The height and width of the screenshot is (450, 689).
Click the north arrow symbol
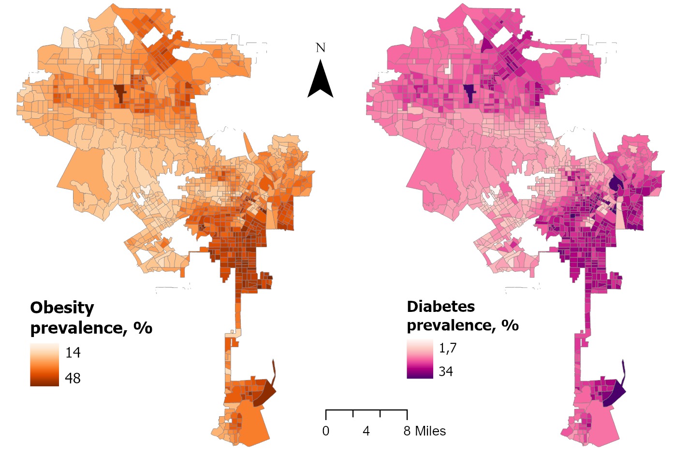click(x=320, y=80)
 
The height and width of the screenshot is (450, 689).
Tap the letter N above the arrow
click(x=320, y=48)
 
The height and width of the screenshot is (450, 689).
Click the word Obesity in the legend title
click(x=62, y=308)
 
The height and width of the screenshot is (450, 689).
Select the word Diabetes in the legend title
click(x=440, y=307)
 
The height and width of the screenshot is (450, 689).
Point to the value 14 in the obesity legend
click(x=73, y=353)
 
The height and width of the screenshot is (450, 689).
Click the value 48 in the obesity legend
click(x=73, y=378)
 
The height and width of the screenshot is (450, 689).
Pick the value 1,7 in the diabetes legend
click(x=447, y=348)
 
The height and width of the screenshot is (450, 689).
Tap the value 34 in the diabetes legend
click(x=446, y=371)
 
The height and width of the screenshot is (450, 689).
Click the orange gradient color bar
click(x=44, y=365)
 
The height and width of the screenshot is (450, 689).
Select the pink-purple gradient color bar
click(x=420, y=359)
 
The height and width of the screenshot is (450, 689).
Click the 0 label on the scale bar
click(x=326, y=431)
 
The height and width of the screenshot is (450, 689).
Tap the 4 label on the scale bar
click(x=366, y=431)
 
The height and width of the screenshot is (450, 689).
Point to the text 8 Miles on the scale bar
click(x=425, y=431)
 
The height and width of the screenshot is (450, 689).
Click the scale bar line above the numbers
click(x=366, y=410)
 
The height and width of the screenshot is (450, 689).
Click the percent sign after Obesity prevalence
click(x=143, y=328)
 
